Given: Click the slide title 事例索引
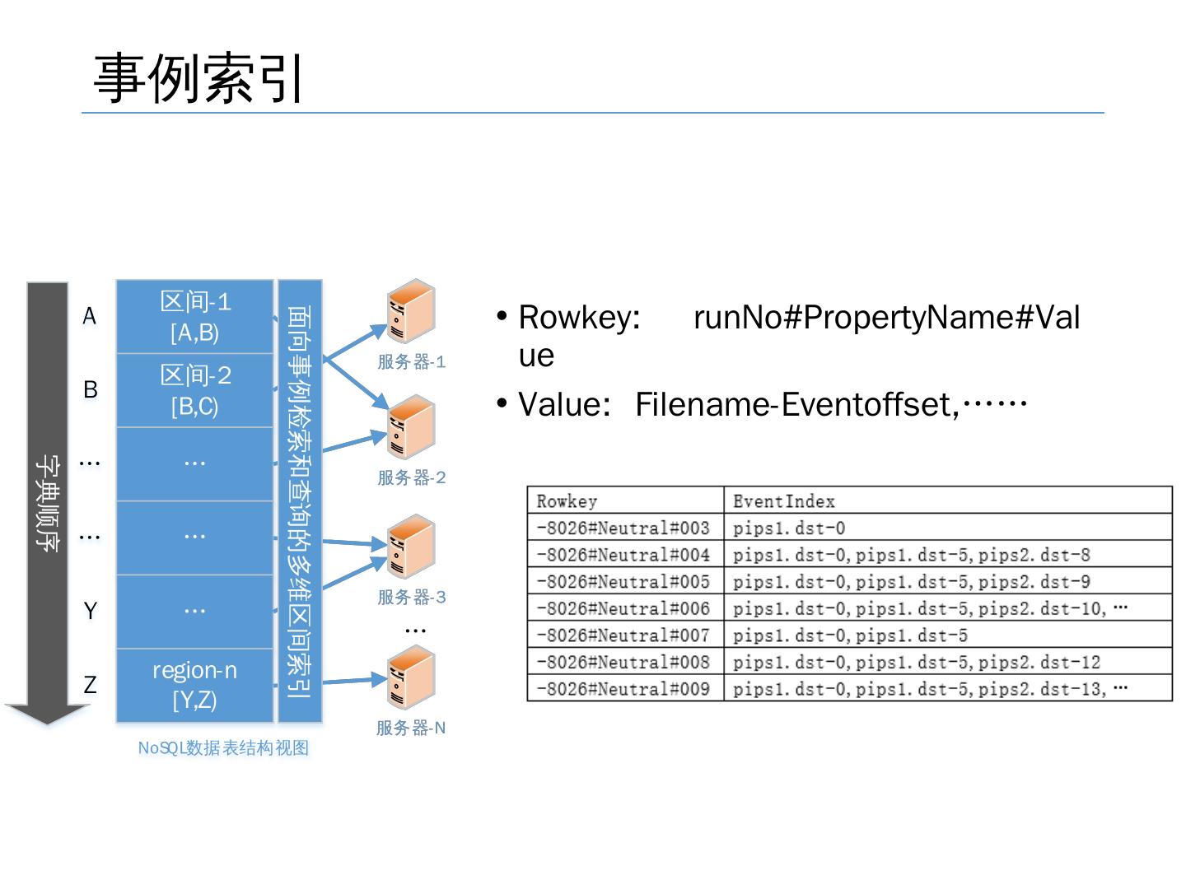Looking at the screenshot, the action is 198,79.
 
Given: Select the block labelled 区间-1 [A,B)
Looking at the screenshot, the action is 194,317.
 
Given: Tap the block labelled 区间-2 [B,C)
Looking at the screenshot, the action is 194,391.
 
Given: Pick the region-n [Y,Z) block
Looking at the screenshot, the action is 194,686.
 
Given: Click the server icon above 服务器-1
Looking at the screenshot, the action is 411,310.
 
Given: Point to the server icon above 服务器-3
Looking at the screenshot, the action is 411,547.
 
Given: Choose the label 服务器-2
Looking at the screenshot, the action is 412,477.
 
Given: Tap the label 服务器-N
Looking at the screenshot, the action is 411,728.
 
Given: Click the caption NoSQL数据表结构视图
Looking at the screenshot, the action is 223,748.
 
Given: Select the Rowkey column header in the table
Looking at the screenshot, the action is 567,501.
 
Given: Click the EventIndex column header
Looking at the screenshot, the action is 784,501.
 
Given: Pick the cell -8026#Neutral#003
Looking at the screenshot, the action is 623,528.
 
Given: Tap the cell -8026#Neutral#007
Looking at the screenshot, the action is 623,635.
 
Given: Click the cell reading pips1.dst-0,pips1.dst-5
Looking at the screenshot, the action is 851,635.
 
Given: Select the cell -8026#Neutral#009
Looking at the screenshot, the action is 623,689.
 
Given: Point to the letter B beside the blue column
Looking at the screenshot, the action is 91,389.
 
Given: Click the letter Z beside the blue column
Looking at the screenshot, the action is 91,685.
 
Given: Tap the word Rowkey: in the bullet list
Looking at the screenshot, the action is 579,318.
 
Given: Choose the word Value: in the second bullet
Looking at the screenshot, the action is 565,404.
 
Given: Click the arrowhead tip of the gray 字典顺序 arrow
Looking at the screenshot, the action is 48,724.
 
